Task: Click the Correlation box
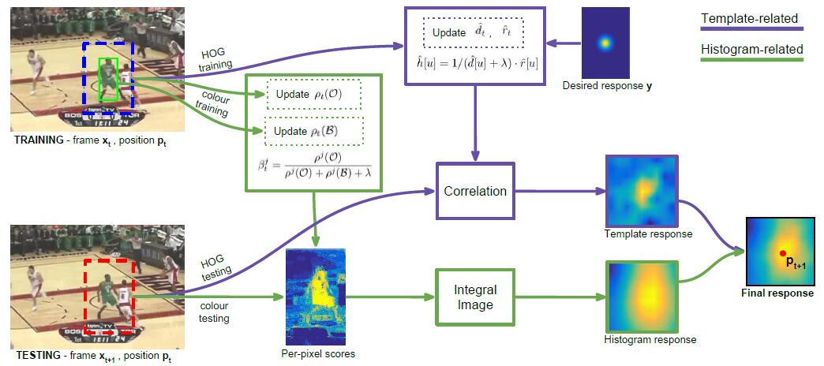coord(475,190)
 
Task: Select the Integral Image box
coord(475,297)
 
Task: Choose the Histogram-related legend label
coord(751,50)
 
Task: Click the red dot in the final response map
coord(782,252)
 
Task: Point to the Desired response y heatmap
coord(604,43)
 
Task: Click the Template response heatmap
coord(642,190)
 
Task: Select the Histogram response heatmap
coord(642,297)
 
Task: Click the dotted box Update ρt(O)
coord(313,95)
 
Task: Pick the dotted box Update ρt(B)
coord(313,130)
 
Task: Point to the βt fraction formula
coord(313,168)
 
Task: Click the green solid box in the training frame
coord(107,80)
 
